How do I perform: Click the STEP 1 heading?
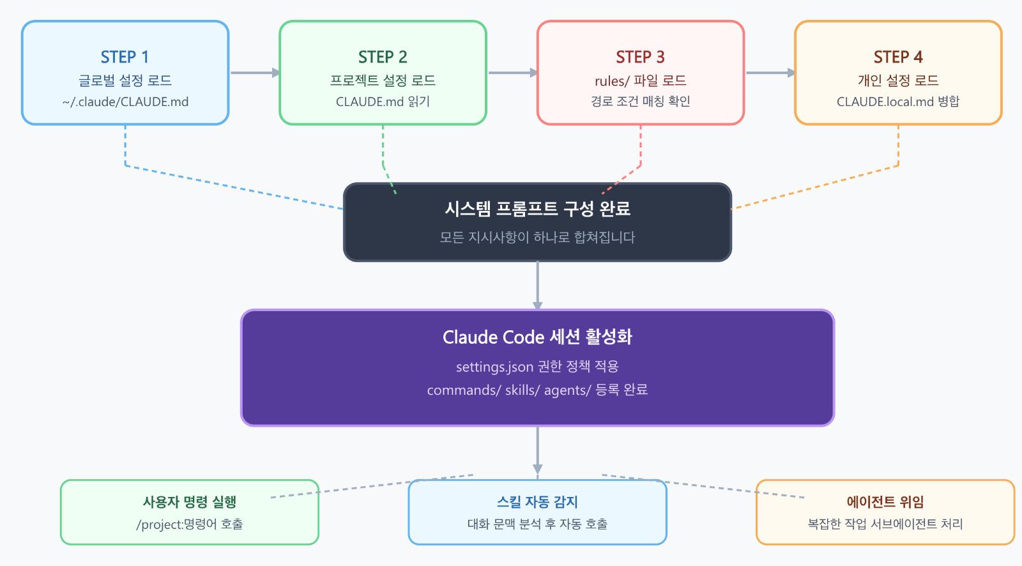[125, 57]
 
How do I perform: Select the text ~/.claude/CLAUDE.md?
[125, 102]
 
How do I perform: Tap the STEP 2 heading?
[383, 57]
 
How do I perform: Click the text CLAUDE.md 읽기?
[383, 102]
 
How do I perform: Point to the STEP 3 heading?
[640, 57]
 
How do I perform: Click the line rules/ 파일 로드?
[640, 80]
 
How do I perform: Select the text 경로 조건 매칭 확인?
[640, 102]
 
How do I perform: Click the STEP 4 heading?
[898, 57]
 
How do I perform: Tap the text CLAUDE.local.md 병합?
[898, 102]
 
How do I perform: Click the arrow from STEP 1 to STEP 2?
[254, 73]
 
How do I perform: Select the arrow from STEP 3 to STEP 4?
[770, 73]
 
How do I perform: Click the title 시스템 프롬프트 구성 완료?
[537, 208]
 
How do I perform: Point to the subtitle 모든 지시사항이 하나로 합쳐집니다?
[537, 237]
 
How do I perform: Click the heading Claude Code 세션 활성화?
[537, 337]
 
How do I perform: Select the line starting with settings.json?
[537, 367]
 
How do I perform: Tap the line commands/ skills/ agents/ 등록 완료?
[537, 390]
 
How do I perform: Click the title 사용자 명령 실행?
[189, 502]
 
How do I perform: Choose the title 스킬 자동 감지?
[537, 502]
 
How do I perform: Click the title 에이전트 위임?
[885, 502]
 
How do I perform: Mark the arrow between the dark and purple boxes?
[537, 286]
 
